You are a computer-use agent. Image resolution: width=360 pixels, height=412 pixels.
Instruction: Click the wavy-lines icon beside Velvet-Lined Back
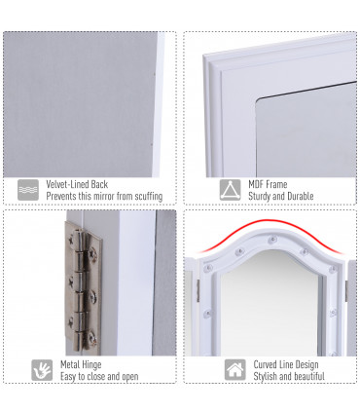click(x=28, y=189)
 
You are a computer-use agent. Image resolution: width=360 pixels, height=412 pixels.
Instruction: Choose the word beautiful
click(x=306, y=377)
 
